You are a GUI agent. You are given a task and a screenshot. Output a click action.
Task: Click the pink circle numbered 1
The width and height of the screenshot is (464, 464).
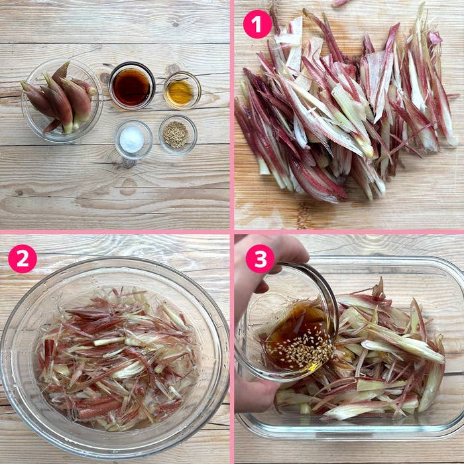(x=257, y=24)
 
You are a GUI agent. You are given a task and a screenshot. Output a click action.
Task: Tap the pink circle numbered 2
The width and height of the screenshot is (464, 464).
(x=23, y=259)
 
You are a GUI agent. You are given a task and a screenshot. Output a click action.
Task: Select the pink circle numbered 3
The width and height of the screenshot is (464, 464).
(x=260, y=259)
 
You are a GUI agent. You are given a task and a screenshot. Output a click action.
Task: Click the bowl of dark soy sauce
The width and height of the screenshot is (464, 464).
(x=132, y=86)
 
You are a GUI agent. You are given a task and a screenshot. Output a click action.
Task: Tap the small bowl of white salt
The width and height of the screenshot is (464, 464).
(x=133, y=139)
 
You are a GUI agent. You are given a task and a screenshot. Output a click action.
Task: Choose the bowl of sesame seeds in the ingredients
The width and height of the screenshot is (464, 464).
(x=178, y=135)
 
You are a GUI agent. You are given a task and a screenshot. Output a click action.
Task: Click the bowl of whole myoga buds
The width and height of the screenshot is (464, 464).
(x=62, y=100)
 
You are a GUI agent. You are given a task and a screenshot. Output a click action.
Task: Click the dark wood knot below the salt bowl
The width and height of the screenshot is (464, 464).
(x=128, y=163)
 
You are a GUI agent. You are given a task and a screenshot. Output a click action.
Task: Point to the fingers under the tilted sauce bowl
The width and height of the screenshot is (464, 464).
(x=255, y=394)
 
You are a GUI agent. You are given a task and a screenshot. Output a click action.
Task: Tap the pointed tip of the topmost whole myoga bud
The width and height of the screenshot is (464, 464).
(x=68, y=62)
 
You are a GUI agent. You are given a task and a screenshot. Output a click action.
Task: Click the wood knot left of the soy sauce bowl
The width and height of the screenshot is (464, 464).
(x=104, y=78)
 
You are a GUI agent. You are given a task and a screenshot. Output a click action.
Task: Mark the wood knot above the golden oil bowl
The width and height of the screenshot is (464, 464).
(x=173, y=69)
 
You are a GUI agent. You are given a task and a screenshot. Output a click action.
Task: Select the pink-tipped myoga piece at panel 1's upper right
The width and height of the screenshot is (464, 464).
(x=435, y=38)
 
